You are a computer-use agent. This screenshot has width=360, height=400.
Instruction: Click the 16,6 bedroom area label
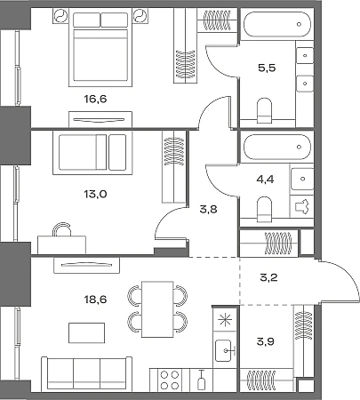(95, 99)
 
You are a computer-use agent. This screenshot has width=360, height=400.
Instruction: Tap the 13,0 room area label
(95, 194)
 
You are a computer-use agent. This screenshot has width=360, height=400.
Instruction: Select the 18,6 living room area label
(95, 300)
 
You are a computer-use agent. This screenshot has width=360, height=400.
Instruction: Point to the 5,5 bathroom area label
(267, 68)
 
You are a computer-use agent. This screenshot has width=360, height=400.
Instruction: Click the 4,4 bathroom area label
(265, 180)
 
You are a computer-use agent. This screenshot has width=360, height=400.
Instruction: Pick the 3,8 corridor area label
(208, 210)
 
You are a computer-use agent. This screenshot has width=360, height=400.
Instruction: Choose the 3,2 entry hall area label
(268, 277)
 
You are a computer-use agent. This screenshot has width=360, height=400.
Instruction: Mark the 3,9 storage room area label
(265, 341)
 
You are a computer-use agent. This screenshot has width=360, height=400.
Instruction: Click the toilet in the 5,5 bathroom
(264, 110)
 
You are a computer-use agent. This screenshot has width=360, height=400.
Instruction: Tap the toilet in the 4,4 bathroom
(264, 209)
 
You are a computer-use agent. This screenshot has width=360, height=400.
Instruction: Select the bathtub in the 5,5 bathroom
(277, 24)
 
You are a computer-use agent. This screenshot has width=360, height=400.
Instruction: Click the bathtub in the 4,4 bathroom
(277, 147)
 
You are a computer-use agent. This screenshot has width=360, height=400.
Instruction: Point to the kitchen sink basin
(223, 350)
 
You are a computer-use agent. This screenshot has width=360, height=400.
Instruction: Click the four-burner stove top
(170, 380)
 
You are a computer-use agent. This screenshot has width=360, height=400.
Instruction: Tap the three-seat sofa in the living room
(86, 373)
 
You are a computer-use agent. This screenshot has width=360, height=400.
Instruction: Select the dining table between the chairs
(157, 309)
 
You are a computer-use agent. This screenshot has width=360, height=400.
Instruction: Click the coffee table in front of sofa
(86, 333)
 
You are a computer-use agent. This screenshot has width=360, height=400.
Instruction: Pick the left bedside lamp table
(61, 16)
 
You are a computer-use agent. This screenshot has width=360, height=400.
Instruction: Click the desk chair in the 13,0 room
(62, 229)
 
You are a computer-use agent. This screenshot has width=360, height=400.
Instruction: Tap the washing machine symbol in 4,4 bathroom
(301, 206)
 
